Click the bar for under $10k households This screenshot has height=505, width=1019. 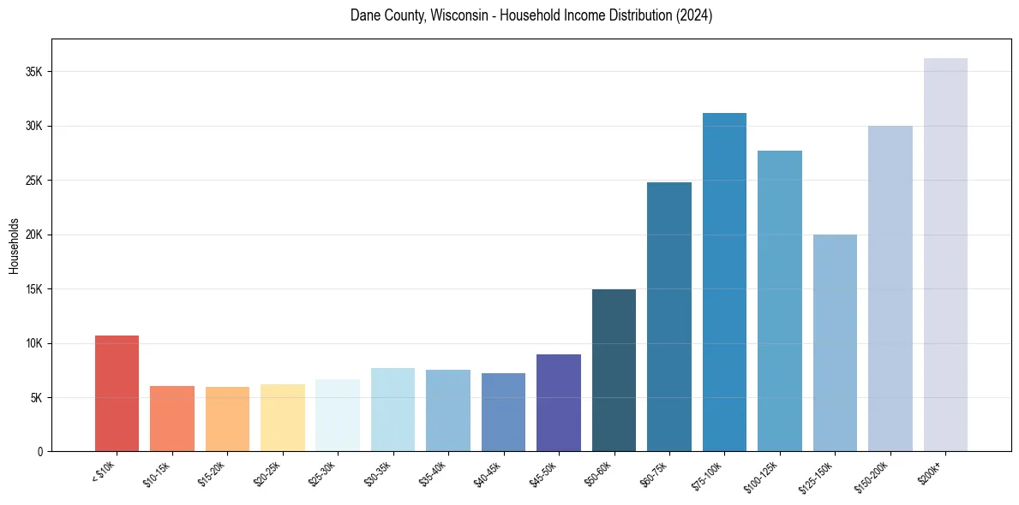coord(117,393)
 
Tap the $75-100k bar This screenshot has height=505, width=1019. coord(724,282)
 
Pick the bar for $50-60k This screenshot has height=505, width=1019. coord(614,370)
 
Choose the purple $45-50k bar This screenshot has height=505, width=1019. coord(559,402)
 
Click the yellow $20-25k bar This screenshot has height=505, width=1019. coord(282,418)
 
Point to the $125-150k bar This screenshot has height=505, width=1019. coord(835,342)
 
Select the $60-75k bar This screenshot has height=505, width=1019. coord(669,317)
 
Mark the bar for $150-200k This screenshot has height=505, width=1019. coord(890,288)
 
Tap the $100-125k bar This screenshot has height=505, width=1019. coord(780,300)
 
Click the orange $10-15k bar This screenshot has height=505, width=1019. coord(171,419)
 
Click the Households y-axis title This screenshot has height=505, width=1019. coord(14,246)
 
